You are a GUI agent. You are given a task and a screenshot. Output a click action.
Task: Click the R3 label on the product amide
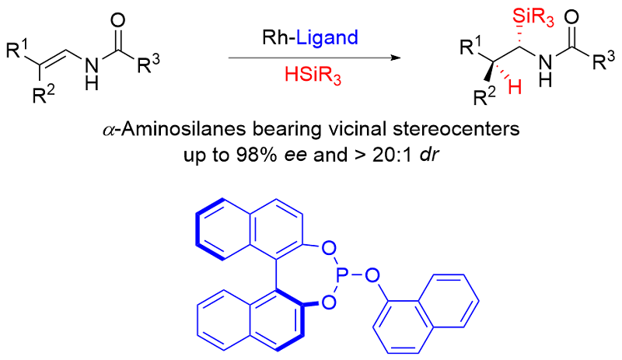[602, 65]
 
